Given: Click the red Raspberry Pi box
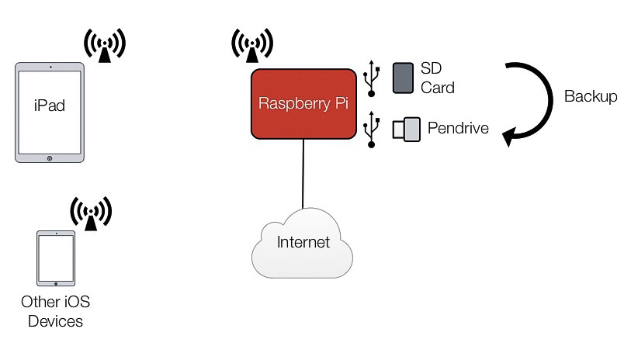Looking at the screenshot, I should point(303,103).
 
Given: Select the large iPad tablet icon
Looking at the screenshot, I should point(50,112).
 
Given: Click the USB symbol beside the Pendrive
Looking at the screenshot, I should point(373,128).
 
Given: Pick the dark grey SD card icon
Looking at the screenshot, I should point(403,78).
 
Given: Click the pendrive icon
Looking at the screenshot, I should point(406,129).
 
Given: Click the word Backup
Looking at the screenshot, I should point(591,97).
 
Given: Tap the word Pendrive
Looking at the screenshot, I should point(458,128).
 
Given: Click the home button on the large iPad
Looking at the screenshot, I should point(50,157).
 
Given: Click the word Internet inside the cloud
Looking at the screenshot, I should point(303,242).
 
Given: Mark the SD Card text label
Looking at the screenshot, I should point(437,78).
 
